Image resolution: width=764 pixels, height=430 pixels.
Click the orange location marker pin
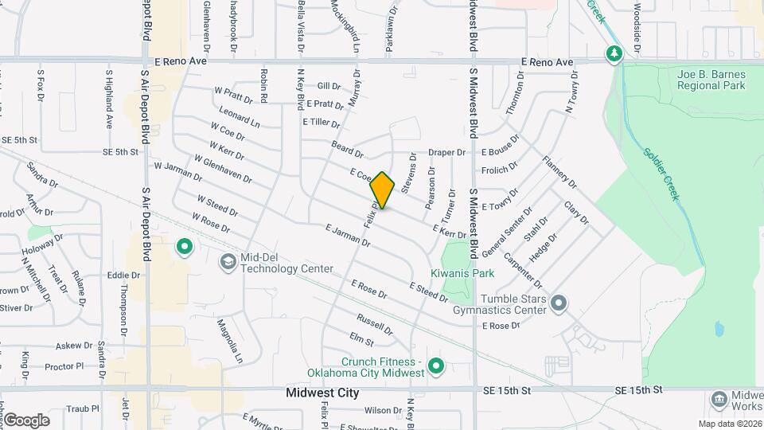click(x=383, y=190)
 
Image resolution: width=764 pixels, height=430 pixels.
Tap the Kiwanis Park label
click(x=462, y=273)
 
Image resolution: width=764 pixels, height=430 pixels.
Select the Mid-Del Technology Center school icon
click(x=228, y=262)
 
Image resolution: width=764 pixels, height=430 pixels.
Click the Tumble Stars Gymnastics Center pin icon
click(x=559, y=303)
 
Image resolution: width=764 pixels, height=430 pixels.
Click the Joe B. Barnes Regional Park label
click(x=711, y=80)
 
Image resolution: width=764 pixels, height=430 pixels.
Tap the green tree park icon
click(x=614, y=54)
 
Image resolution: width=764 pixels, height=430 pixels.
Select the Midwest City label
click(x=322, y=393)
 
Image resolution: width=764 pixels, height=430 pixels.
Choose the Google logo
click(x=26, y=420)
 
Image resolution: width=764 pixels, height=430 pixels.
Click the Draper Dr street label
click(x=446, y=152)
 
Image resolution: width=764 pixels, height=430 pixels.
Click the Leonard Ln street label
click(x=239, y=119)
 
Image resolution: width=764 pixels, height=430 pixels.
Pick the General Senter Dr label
click(x=506, y=232)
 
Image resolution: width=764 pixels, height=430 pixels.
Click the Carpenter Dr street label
click(x=523, y=273)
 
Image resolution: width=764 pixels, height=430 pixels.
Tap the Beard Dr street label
click(x=347, y=148)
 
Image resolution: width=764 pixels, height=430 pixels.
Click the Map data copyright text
click(x=729, y=424)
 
